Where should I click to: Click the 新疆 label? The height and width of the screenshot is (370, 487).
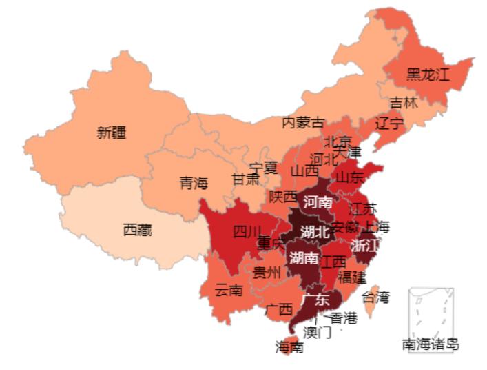(x=111, y=133)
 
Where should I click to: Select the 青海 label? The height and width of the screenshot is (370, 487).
(x=194, y=183)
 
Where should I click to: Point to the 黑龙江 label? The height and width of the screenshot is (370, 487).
(x=427, y=75)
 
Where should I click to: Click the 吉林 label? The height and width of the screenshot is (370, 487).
(x=404, y=104)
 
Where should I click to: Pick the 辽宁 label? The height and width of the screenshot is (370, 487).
(x=390, y=124)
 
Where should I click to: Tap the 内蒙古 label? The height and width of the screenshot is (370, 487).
(x=303, y=123)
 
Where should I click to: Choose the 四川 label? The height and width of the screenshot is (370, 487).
(x=247, y=231)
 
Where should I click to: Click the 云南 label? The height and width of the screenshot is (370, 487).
(x=228, y=290)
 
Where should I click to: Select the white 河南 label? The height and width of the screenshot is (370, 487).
(x=318, y=203)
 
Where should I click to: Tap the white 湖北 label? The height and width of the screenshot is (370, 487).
(x=315, y=232)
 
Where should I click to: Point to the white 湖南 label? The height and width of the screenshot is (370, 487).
(x=304, y=258)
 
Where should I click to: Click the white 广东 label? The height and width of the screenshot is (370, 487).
(x=315, y=300)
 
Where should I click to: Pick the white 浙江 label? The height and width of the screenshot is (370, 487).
(x=364, y=246)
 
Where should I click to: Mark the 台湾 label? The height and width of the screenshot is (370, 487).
(x=376, y=298)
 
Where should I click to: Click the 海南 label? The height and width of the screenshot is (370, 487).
(x=289, y=347)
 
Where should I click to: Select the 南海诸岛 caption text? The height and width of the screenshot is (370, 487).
(x=431, y=344)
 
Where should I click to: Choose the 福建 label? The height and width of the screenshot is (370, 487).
(x=351, y=277)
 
